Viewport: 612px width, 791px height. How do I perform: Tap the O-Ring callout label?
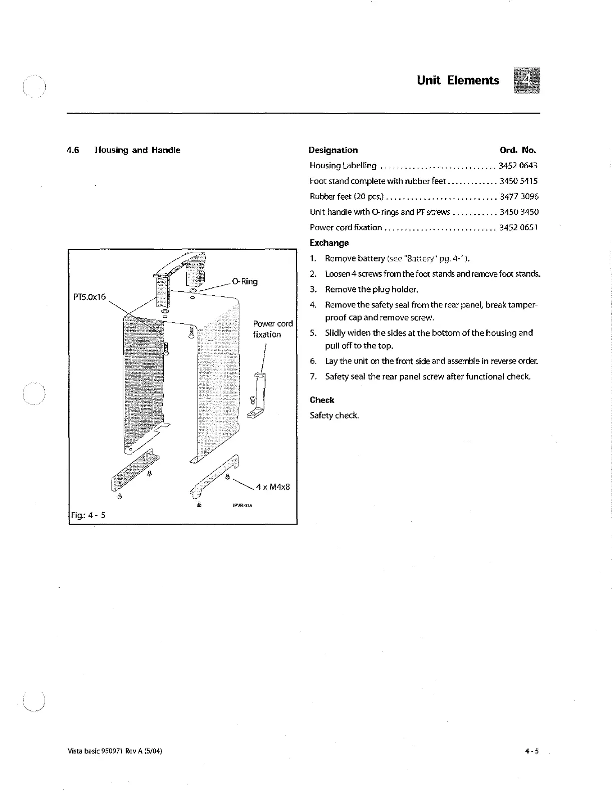[245, 281]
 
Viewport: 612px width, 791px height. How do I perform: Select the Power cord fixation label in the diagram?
[272, 329]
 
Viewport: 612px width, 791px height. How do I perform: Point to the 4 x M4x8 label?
[273, 487]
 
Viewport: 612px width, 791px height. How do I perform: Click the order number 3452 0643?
[518, 165]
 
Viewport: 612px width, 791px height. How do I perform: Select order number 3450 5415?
[518, 181]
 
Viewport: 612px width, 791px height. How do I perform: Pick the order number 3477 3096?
[518, 196]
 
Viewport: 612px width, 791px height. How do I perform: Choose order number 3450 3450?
[518, 212]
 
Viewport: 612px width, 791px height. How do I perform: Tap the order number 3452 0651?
[518, 227]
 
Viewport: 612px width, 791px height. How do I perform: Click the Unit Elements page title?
[458, 81]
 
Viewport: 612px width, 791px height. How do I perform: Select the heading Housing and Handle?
[137, 150]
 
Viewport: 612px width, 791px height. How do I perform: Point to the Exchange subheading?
[329, 243]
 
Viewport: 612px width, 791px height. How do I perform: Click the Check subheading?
[322, 400]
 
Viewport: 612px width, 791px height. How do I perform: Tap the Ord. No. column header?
[517, 150]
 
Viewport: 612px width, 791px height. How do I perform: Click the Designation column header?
[333, 150]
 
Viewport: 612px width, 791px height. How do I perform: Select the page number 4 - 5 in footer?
[531, 751]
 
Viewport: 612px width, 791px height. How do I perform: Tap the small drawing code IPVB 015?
[242, 505]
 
